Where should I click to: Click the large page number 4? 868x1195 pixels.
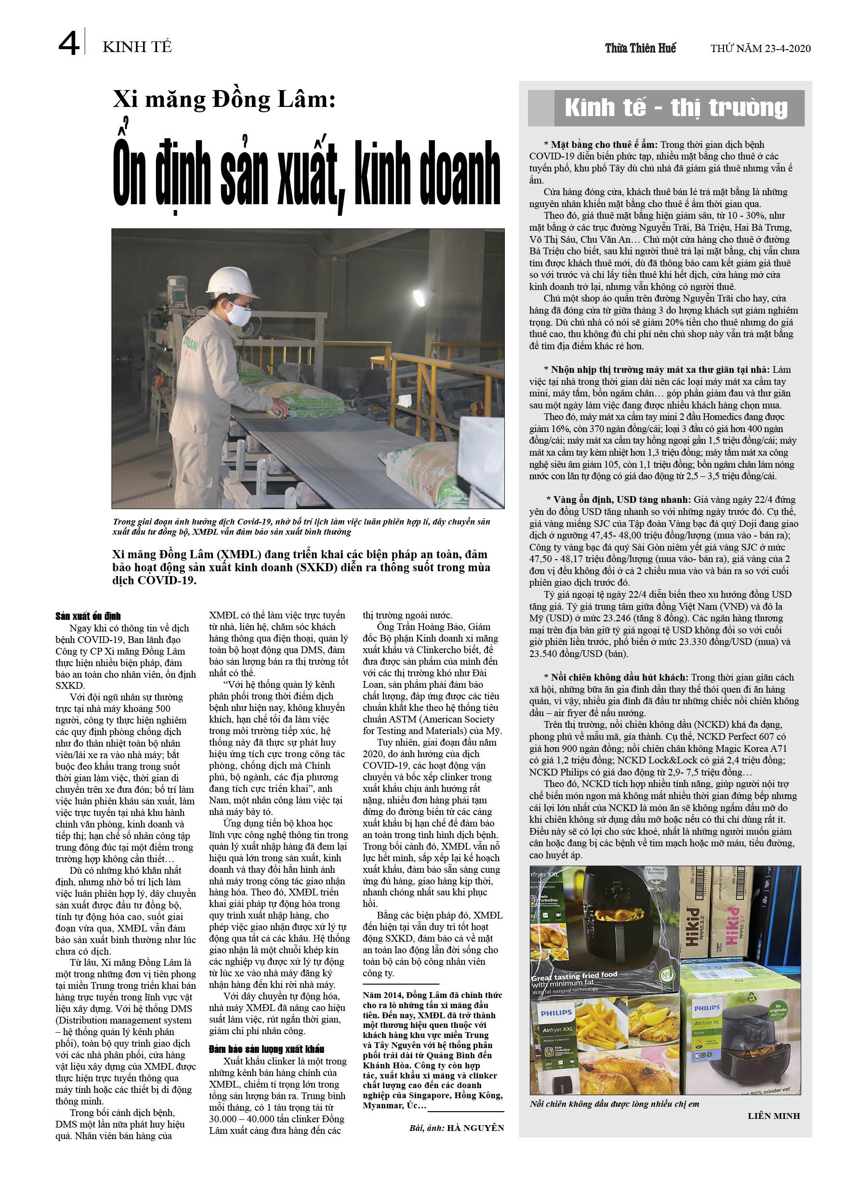68,43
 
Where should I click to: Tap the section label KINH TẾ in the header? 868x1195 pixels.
137,47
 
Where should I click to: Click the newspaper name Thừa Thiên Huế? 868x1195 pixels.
640,49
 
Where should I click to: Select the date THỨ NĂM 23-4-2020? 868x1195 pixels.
760,49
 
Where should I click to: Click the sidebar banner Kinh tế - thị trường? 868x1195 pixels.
676,108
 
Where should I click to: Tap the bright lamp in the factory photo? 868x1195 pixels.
421,299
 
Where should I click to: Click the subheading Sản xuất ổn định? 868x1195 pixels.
88,616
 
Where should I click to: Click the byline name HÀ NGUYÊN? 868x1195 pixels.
475,1128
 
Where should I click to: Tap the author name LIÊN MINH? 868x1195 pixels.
773,1116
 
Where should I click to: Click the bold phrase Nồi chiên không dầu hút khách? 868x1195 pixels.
619,678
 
